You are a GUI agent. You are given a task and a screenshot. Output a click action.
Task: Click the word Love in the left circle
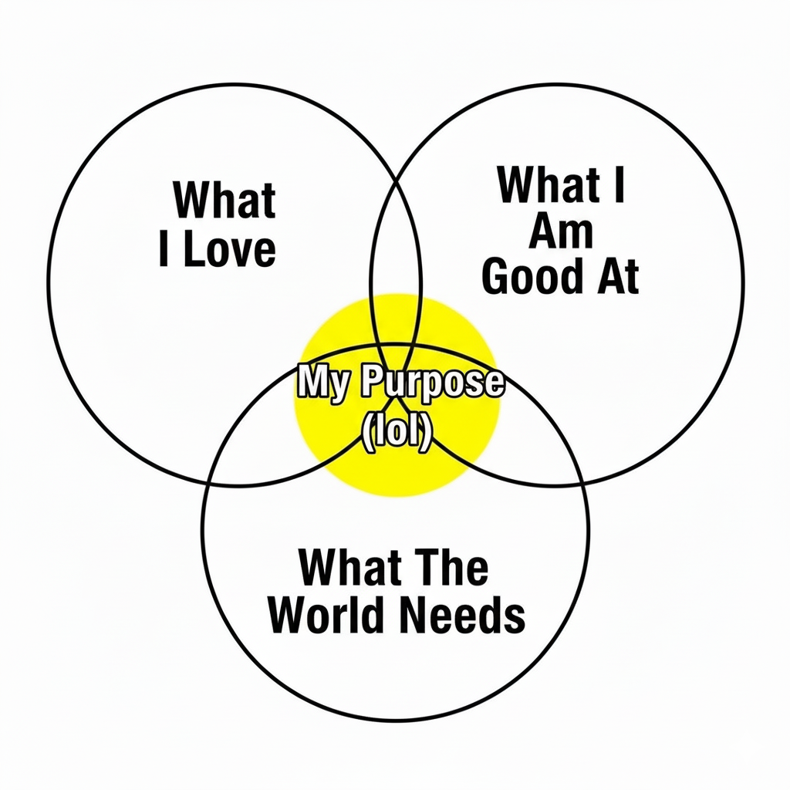pyautogui.click(x=230, y=251)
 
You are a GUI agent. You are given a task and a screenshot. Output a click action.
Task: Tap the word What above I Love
pyautogui.click(x=224, y=200)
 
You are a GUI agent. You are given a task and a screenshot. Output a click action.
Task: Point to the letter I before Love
pyautogui.click(x=164, y=251)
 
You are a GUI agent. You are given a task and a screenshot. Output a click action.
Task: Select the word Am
pyautogui.click(x=561, y=231)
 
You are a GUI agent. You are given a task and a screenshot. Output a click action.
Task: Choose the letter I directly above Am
pyautogui.click(x=618, y=185)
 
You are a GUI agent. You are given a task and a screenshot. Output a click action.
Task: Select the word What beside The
pyautogui.click(x=349, y=569)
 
